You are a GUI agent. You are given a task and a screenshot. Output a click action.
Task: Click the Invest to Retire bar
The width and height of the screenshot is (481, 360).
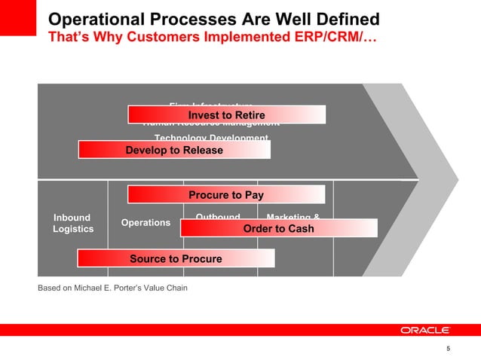point(226,114)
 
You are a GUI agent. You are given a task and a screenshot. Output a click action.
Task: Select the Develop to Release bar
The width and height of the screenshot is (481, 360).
point(174,150)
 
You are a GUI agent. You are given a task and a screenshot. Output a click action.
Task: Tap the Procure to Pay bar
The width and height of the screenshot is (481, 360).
point(226,195)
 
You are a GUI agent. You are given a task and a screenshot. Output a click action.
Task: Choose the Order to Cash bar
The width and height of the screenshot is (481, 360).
point(278,228)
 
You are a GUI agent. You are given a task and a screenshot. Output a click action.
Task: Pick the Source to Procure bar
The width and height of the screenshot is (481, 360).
point(176,258)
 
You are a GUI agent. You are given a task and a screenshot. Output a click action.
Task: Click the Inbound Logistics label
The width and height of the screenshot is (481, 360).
point(72,224)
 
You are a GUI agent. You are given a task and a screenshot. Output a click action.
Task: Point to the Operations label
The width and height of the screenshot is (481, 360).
point(146,223)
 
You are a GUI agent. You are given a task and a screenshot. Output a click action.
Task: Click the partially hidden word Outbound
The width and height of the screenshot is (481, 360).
point(218,217)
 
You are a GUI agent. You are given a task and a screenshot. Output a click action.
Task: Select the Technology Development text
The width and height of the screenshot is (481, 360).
point(211,137)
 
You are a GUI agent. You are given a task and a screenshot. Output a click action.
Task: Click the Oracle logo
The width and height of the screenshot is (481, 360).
point(425,330)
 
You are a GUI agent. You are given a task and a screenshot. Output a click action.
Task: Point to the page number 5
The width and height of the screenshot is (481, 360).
point(449,349)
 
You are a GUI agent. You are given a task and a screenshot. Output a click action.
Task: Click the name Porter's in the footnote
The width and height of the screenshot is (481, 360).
point(135,288)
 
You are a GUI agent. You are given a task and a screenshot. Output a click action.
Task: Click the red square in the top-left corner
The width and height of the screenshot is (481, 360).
point(17,17)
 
